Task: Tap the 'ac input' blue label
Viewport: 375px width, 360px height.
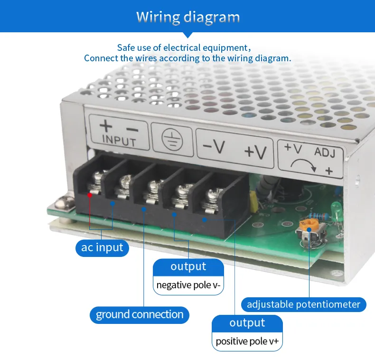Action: pyautogui.click(x=102, y=247)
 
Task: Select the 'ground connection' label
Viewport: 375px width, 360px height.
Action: pyautogui.click(x=140, y=314)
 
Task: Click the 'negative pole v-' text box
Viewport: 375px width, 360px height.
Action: pyautogui.click(x=188, y=285)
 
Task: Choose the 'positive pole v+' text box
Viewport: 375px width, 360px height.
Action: pyautogui.click(x=247, y=341)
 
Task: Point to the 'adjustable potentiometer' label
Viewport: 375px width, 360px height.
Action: pyautogui.click(x=303, y=304)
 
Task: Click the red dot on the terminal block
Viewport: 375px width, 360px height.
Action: pyautogui.click(x=89, y=194)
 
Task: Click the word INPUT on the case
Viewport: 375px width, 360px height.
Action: pyautogui.click(x=119, y=141)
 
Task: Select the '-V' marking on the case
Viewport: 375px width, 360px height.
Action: pyautogui.click(x=214, y=147)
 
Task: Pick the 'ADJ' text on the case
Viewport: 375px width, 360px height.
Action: pyautogui.click(x=325, y=153)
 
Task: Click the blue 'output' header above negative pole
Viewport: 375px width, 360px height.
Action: pyautogui.click(x=188, y=267)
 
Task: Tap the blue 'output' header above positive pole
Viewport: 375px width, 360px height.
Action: pyautogui.click(x=247, y=323)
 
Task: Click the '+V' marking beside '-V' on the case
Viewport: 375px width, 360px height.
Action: pyautogui.click(x=255, y=151)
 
